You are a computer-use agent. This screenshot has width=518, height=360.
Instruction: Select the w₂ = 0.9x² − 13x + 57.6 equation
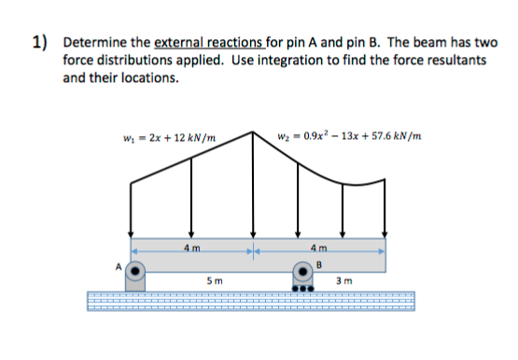click(346, 140)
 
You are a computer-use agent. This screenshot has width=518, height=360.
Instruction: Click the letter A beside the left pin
click(118, 265)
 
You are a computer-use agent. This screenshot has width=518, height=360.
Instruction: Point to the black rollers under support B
click(301, 287)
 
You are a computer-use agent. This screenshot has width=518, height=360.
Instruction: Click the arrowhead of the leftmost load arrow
click(131, 235)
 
